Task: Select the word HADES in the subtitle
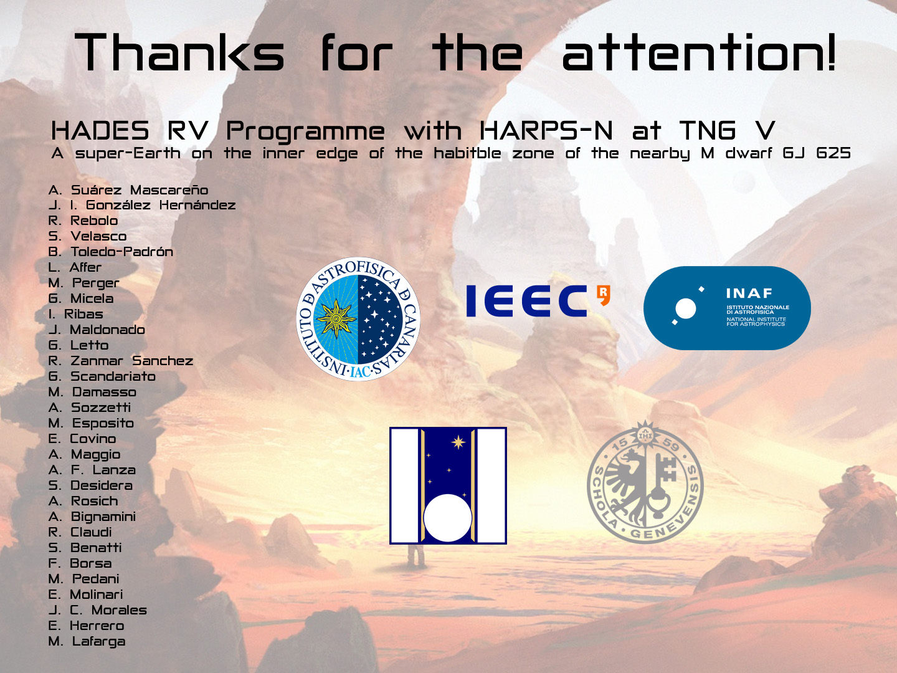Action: (100, 131)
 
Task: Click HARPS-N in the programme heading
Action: (546, 131)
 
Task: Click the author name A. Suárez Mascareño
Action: (128, 190)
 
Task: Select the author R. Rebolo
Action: (83, 221)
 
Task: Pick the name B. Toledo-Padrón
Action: (111, 252)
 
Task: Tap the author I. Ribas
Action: (75, 314)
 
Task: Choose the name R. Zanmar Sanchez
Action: (121, 361)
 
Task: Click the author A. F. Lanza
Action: (92, 470)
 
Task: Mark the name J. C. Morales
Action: (98, 610)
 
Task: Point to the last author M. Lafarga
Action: (87, 641)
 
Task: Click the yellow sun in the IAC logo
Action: (336, 318)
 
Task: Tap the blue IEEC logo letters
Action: (527, 301)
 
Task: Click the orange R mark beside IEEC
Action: (603, 295)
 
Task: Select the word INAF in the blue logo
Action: (749, 293)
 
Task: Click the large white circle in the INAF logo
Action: (685, 308)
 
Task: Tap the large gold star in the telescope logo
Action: (458, 442)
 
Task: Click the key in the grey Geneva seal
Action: (663, 482)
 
